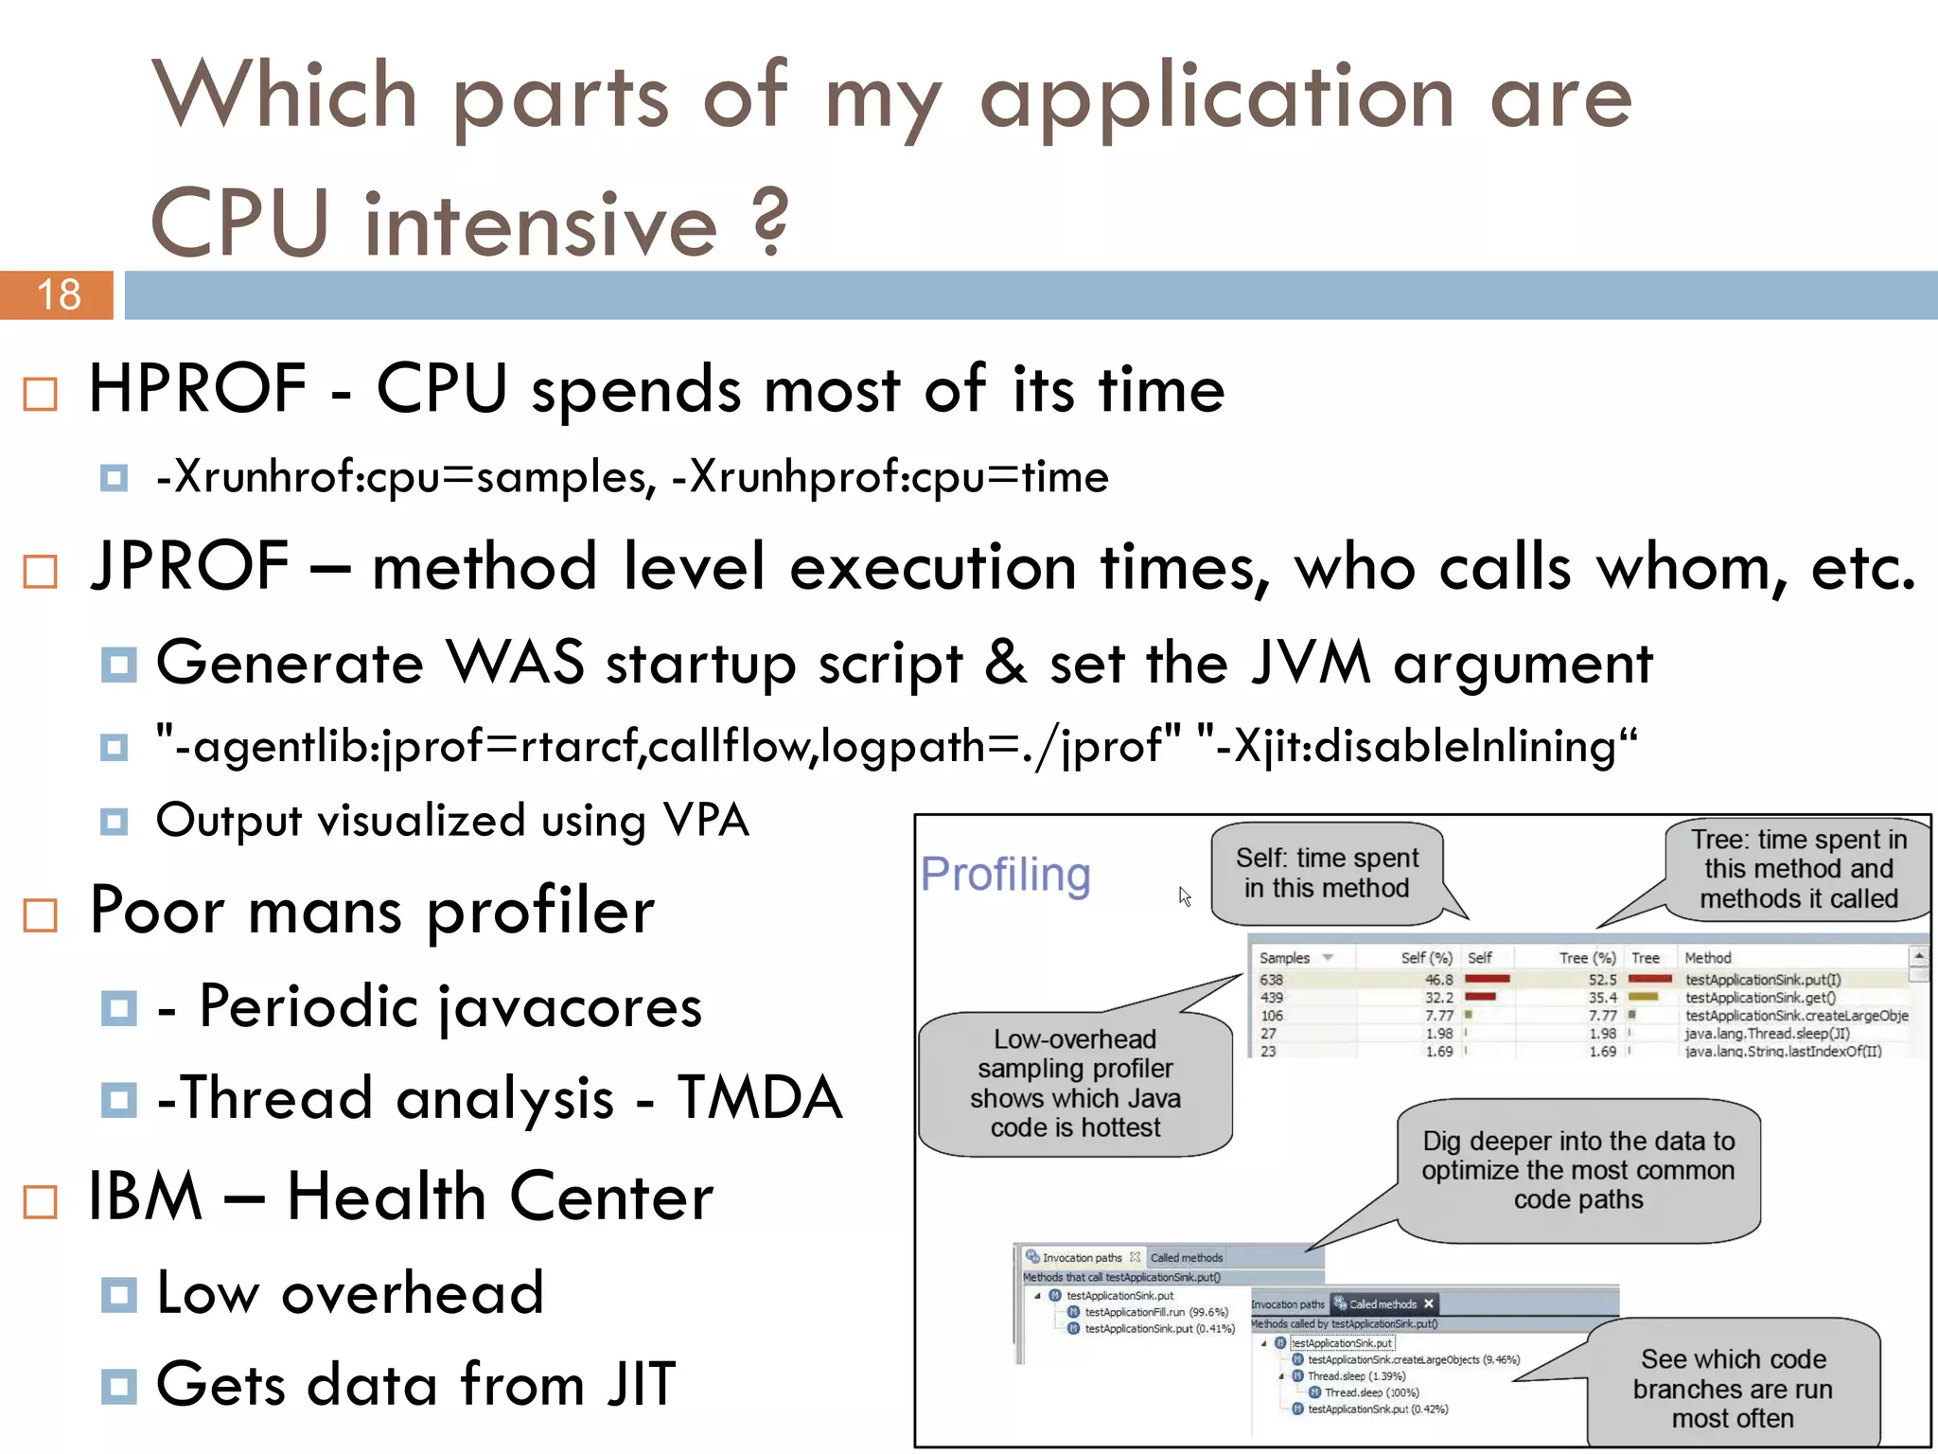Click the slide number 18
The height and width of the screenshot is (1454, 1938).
pyautogui.click(x=59, y=294)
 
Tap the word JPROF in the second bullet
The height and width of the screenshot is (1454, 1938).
pyautogui.click(x=189, y=566)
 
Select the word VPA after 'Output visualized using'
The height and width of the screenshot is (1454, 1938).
pyautogui.click(x=706, y=820)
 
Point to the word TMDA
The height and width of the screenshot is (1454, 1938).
pyautogui.click(x=760, y=1098)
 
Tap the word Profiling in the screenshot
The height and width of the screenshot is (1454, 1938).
pyautogui.click(x=1005, y=874)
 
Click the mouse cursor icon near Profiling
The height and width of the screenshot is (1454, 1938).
pyautogui.click(x=1184, y=895)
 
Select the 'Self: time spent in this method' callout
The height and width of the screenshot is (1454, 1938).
pyautogui.click(x=1327, y=873)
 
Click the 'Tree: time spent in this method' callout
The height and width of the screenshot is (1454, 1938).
pyautogui.click(x=1798, y=869)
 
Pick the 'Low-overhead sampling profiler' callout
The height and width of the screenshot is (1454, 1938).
pyautogui.click(x=1075, y=1084)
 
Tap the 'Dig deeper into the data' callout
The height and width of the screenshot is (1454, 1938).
pyautogui.click(x=1577, y=1170)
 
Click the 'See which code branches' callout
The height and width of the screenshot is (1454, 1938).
pyautogui.click(x=1733, y=1388)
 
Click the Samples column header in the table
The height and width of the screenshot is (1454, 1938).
pyautogui.click(x=1285, y=958)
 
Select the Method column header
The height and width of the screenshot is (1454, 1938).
pyautogui.click(x=1707, y=958)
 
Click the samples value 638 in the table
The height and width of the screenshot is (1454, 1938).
pyautogui.click(x=1271, y=980)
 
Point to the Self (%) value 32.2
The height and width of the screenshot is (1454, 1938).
pyautogui.click(x=1438, y=998)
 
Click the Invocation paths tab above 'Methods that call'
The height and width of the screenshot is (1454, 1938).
pyautogui.click(x=1082, y=1258)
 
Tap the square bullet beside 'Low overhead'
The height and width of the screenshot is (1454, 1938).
pyautogui.click(x=118, y=1294)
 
